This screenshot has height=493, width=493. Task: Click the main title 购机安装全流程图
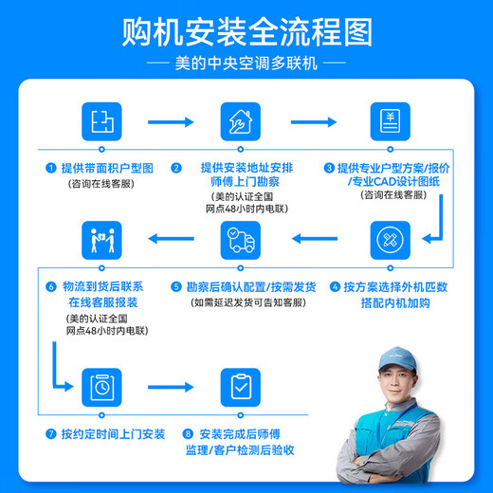click(246, 32)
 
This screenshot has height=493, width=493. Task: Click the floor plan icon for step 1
click(100, 122)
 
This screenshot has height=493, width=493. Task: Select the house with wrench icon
click(241, 122)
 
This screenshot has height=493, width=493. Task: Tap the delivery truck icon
click(241, 240)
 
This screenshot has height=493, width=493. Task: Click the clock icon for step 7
click(100, 387)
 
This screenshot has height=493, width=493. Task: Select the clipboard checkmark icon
click(241, 387)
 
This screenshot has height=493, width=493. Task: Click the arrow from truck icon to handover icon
click(171, 240)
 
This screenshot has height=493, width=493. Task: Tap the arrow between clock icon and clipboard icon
click(171, 387)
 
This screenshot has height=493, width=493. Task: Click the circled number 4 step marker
click(335, 285)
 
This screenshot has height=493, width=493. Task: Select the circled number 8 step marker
click(188, 433)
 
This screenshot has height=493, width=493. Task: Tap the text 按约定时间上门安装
click(112, 433)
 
